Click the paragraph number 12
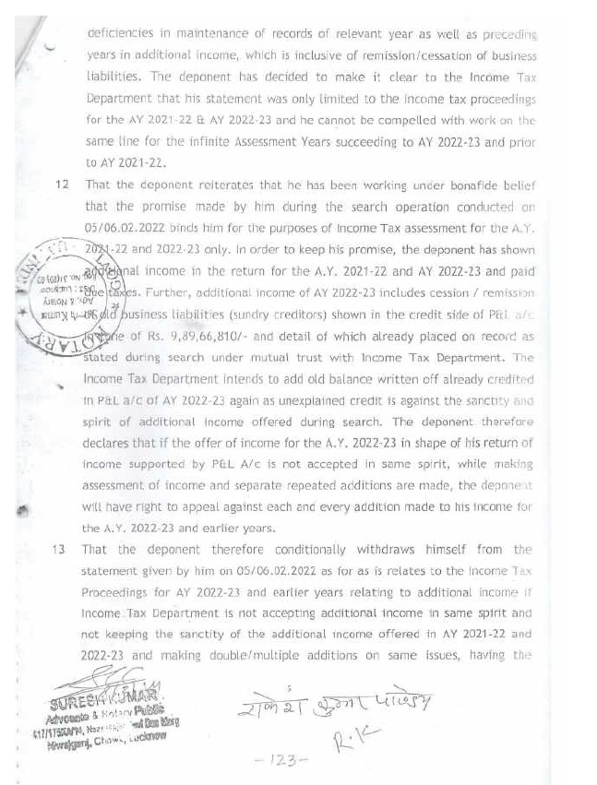pyautogui.click(x=62, y=184)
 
